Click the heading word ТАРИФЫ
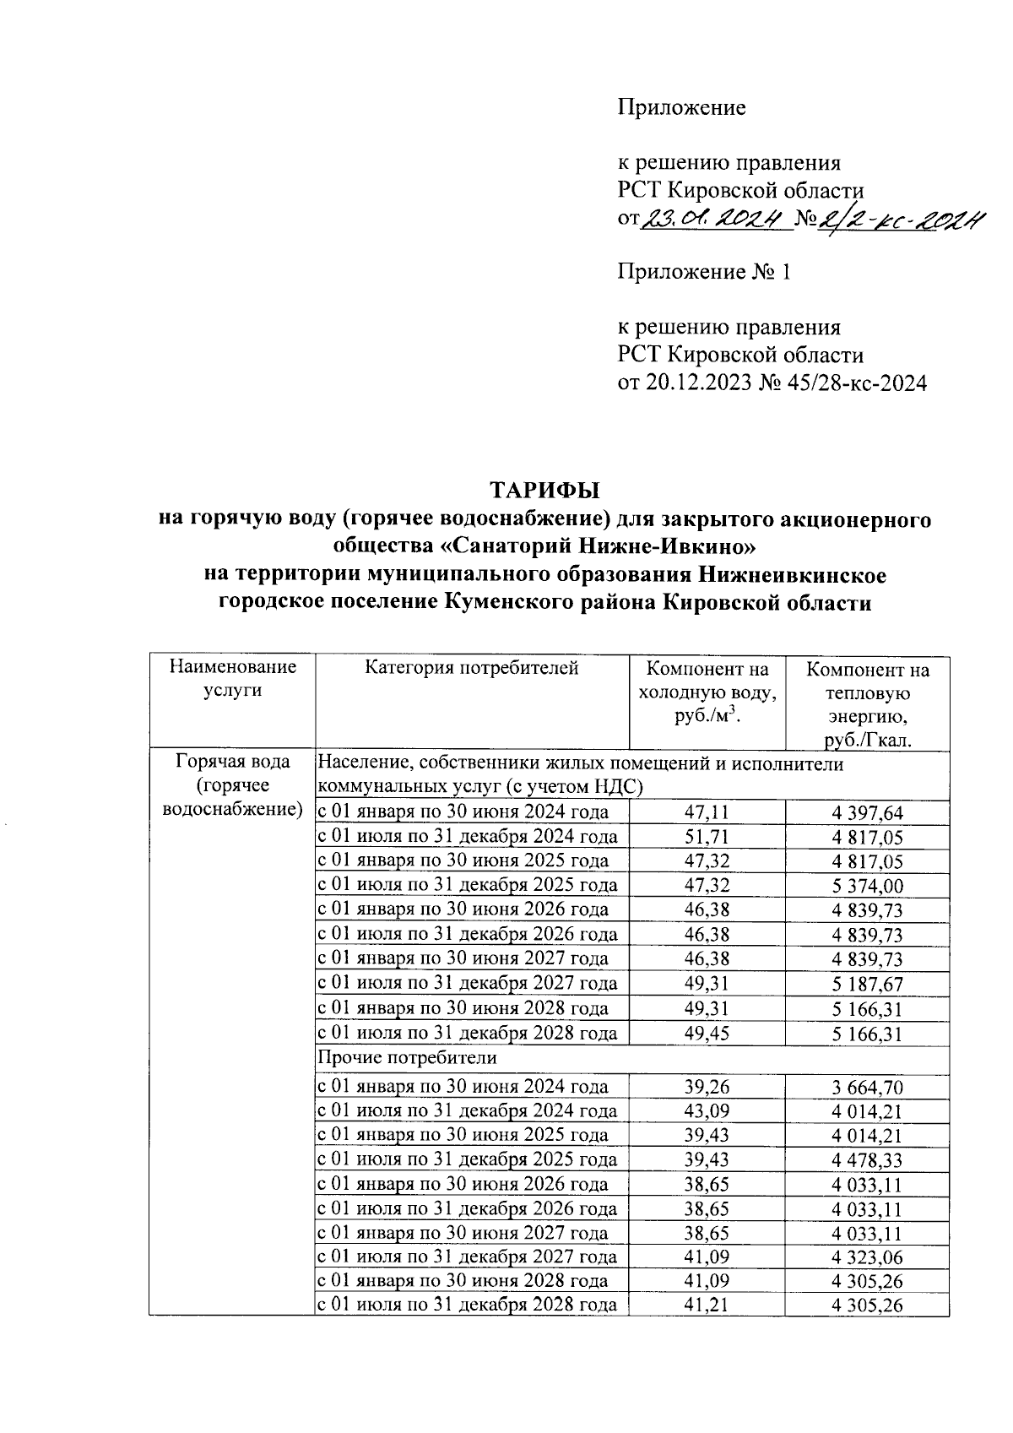(x=544, y=491)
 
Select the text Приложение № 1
(x=705, y=272)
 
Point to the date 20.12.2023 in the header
(x=699, y=383)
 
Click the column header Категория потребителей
(x=472, y=669)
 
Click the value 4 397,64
(x=867, y=813)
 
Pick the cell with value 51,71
(x=707, y=838)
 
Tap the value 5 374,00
(x=867, y=886)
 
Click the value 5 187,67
(x=867, y=984)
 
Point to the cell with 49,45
(x=707, y=1033)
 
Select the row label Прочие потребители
(x=407, y=1057)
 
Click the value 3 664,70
(x=867, y=1088)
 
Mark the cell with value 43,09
(x=707, y=1111)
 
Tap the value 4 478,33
(x=867, y=1160)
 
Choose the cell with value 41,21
(x=707, y=1305)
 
